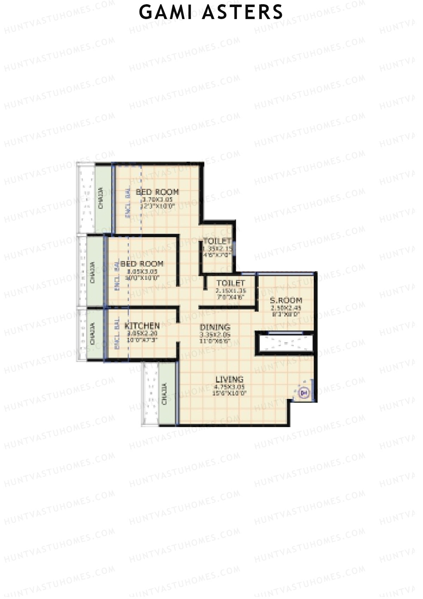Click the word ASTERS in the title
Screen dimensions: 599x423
[x=243, y=12]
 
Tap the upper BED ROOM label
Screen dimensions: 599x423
[x=157, y=192]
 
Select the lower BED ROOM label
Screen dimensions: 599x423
[x=142, y=264]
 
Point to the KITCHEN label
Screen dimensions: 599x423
[x=142, y=325]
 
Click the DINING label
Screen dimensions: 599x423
[x=215, y=327]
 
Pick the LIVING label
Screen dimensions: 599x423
[x=229, y=379]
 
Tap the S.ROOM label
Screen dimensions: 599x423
[x=286, y=301]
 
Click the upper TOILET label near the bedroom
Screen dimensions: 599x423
[x=217, y=241]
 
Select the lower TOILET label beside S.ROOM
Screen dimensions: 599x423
[x=231, y=283]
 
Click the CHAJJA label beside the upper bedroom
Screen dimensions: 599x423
[x=101, y=198]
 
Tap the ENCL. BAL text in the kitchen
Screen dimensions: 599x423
[x=117, y=334]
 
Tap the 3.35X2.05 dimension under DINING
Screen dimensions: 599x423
[x=215, y=335]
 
